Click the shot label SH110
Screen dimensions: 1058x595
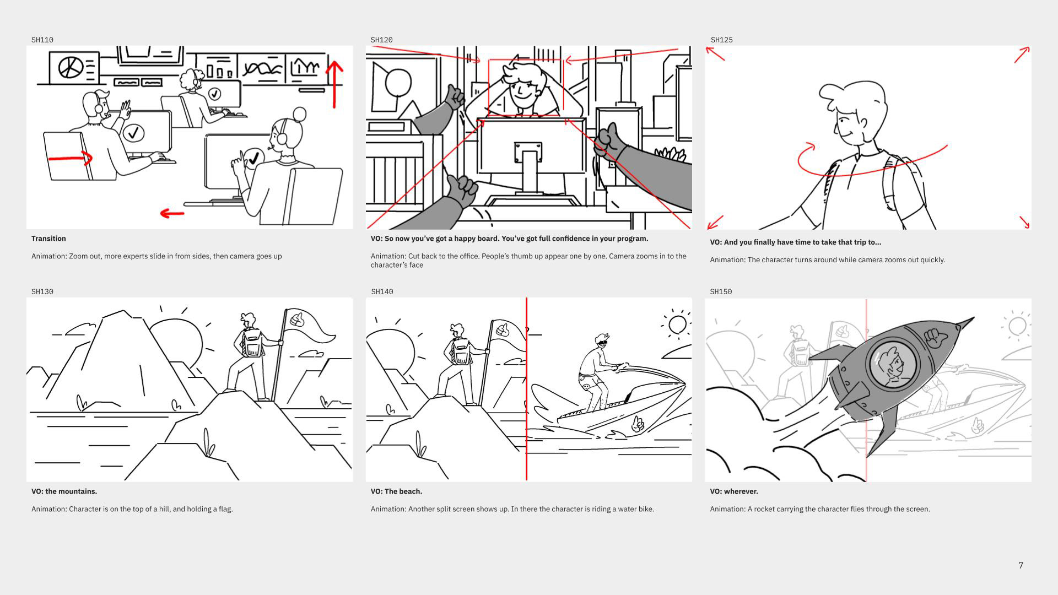point(42,40)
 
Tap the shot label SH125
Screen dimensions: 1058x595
point(722,40)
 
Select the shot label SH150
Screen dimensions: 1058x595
point(721,291)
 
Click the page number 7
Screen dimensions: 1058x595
point(1021,565)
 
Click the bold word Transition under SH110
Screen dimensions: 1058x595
point(48,239)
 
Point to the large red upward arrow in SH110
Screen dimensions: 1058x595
point(334,84)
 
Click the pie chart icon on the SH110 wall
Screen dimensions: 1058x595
point(71,68)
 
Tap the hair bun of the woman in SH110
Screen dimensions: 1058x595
point(300,115)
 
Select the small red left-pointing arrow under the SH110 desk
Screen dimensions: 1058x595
point(172,213)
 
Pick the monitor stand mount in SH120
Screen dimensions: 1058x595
point(528,153)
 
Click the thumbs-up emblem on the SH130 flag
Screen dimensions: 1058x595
point(296,318)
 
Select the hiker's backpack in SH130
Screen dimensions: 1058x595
point(253,343)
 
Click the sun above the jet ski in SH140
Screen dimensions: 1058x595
point(678,324)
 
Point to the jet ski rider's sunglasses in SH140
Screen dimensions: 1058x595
point(602,343)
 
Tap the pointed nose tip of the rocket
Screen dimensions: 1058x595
point(973,318)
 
